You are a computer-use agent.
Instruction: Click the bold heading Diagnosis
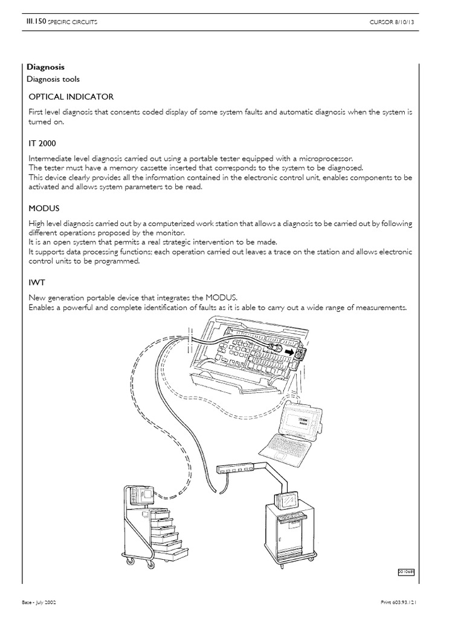[46, 67]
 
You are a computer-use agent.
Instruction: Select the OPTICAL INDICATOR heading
[71, 97]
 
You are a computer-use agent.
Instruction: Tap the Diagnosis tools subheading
[53, 79]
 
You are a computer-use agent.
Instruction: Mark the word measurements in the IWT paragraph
[381, 308]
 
